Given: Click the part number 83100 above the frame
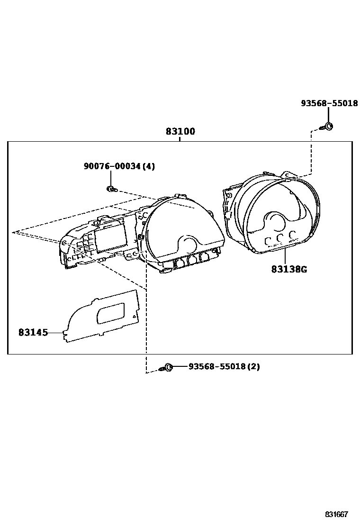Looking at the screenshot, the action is click(x=180, y=131).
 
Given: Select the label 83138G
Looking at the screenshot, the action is click(x=289, y=270).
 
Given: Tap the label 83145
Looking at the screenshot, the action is click(x=33, y=333).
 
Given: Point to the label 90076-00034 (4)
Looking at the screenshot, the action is click(x=119, y=166).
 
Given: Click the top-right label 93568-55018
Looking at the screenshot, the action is click(x=329, y=103).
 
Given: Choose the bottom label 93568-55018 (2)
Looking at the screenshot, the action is click(x=224, y=367).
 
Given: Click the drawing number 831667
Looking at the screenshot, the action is click(x=336, y=515).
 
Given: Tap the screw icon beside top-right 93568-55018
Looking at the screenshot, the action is click(x=327, y=127).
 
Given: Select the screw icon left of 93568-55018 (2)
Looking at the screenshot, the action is click(x=167, y=367).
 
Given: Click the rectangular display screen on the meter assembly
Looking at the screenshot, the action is click(x=111, y=235).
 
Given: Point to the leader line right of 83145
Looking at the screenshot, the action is click(x=57, y=333).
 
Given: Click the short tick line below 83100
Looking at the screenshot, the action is click(x=180, y=139).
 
